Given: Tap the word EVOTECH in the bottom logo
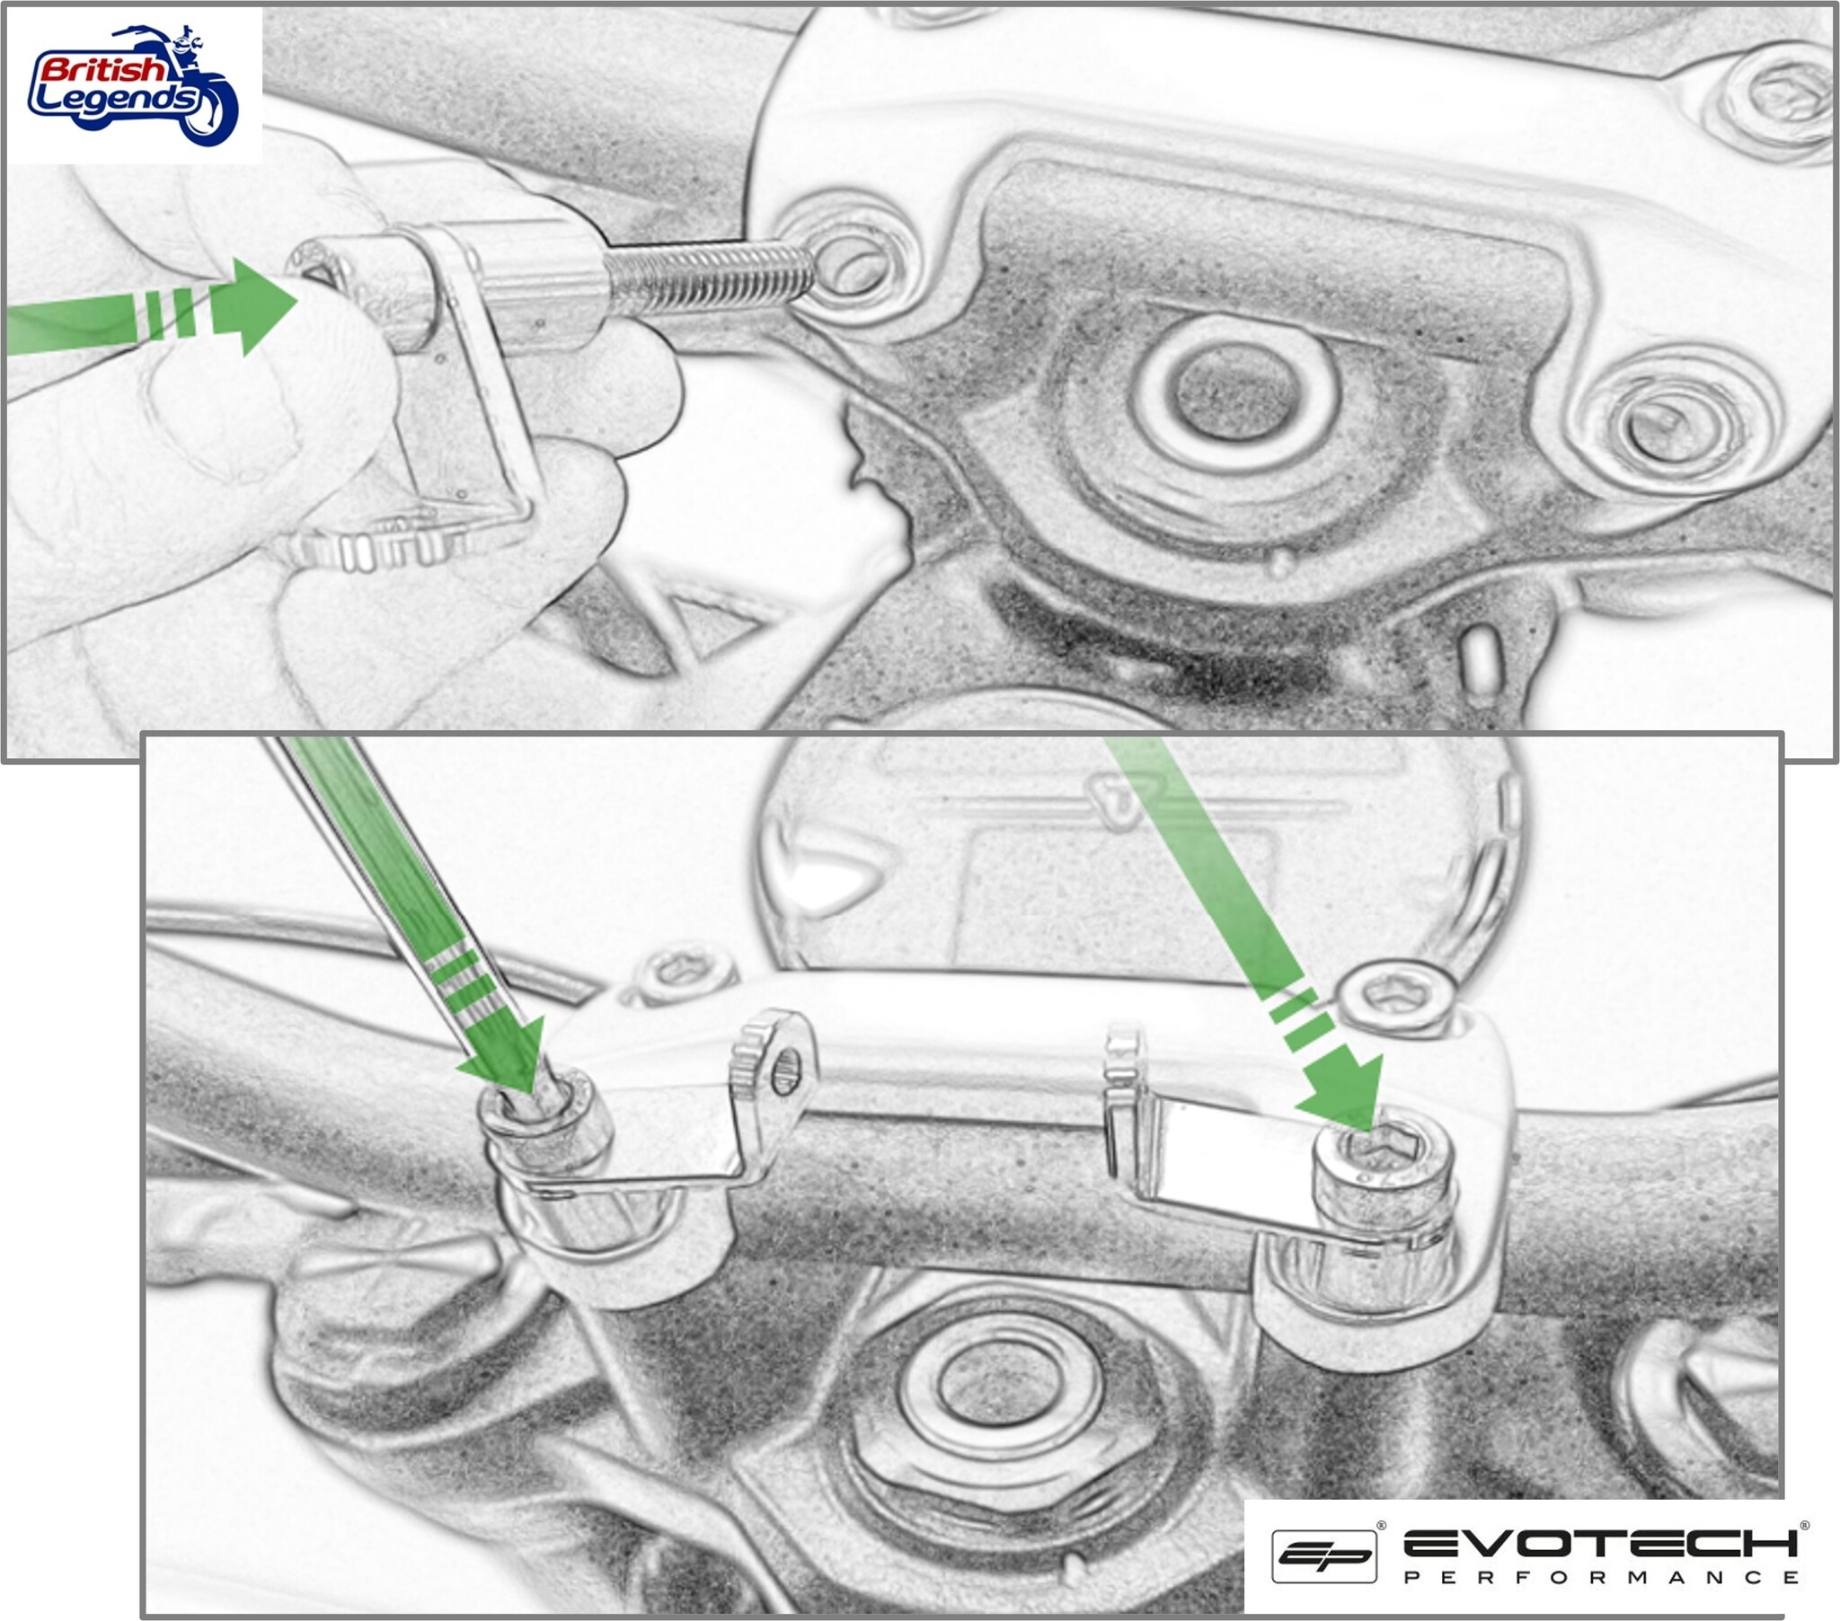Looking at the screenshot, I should click(1598, 1544).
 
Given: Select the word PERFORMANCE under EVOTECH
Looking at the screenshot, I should click(1600, 1578).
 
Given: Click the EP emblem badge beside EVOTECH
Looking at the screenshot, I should click(1323, 1555).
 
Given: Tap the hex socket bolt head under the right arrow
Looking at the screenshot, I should click(1377, 1161).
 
